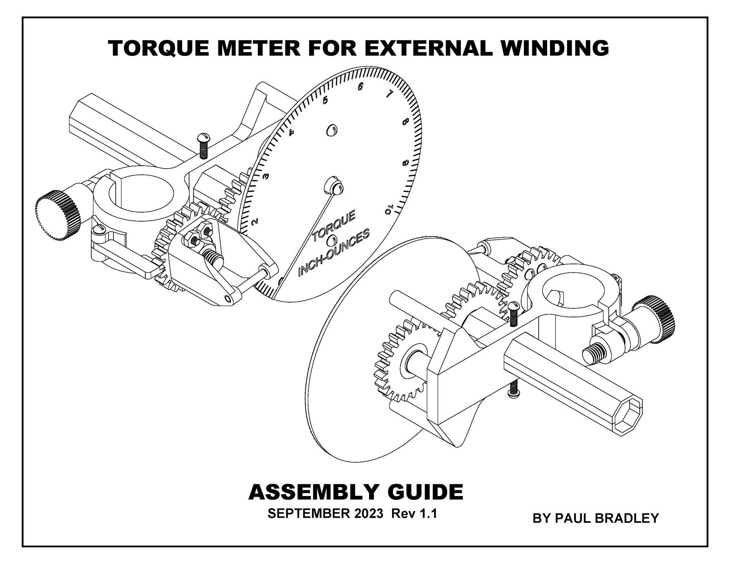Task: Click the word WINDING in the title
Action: click(x=554, y=48)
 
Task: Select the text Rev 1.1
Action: click(x=414, y=514)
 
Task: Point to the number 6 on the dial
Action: click(x=361, y=87)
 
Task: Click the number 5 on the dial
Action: click(x=325, y=100)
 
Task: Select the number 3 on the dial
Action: click(x=266, y=176)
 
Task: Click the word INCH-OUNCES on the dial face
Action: click(x=334, y=252)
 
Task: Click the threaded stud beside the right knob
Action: click(x=593, y=353)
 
